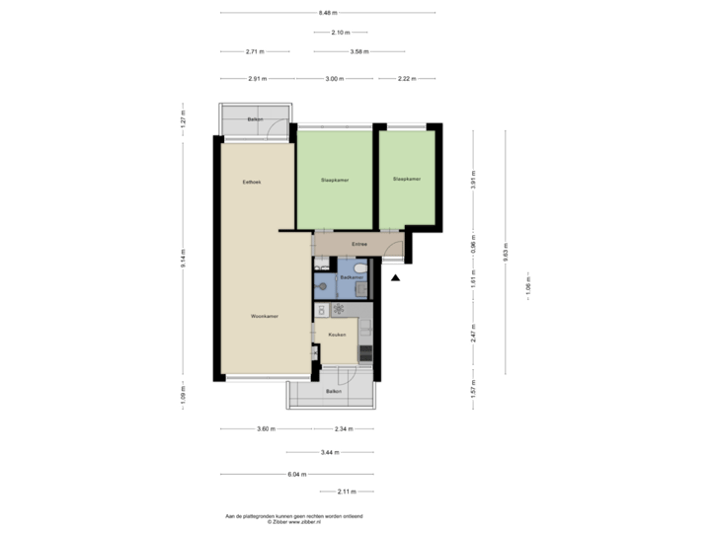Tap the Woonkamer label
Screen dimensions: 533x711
(x=262, y=317)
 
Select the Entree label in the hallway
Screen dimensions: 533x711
(x=359, y=244)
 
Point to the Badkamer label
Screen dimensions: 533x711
(x=353, y=278)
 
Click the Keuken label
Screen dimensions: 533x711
(x=337, y=335)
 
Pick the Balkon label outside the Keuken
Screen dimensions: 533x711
(x=334, y=393)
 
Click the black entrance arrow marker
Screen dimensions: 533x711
(x=395, y=277)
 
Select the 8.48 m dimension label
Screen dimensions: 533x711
(x=328, y=13)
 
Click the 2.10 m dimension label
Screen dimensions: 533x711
(x=340, y=33)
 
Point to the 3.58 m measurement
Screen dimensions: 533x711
(x=359, y=51)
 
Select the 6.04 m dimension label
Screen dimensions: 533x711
(x=295, y=474)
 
